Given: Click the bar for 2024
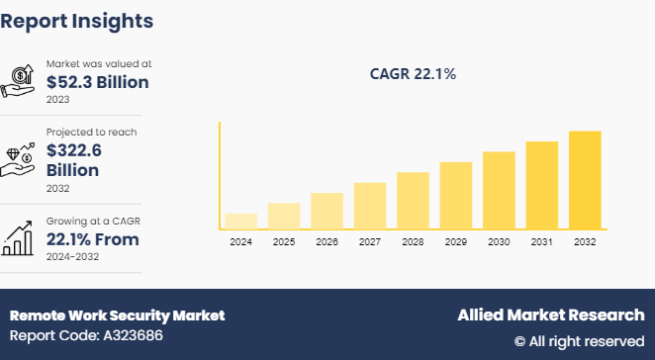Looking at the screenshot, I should tap(240, 222).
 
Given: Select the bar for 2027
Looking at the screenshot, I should tap(369, 206).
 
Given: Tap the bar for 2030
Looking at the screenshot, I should tap(499, 191).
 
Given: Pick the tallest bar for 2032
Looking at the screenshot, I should tap(584, 180).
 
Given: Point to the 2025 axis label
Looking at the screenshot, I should tap(283, 242).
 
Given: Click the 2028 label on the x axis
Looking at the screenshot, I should tap(413, 242).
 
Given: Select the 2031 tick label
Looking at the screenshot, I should tap(541, 242).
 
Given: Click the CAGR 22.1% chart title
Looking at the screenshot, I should tap(413, 73).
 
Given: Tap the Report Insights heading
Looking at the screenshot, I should tap(77, 20).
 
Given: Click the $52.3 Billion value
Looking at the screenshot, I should tap(97, 82).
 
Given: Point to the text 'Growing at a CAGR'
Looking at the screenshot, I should tap(93, 221).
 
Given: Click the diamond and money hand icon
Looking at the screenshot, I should tap(21, 158).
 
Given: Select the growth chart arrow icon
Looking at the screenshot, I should tap(21, 237).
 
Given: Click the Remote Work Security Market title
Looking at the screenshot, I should tap(117, 315).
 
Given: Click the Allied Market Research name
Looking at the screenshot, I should tap(550, 315).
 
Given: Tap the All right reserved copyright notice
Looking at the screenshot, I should tap(579, 341).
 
